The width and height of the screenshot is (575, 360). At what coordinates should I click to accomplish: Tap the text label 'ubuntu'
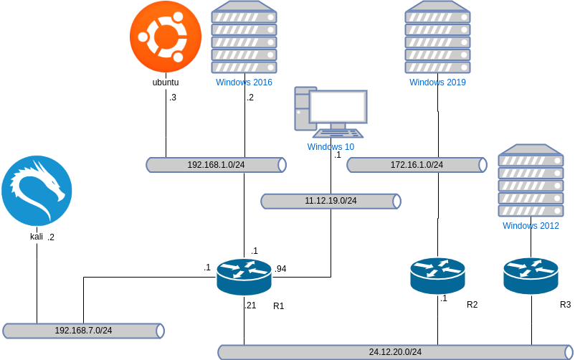pos(166,82)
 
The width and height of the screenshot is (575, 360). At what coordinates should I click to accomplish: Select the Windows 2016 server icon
pos(244,37)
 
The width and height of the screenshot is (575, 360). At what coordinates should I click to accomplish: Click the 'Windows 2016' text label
pos(244,82)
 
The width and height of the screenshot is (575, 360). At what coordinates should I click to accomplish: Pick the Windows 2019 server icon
pos(437,37)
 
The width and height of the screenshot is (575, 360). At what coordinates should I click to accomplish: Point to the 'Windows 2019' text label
pos(437,82)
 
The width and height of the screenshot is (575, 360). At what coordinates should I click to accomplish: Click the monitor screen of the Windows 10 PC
pos(338,107)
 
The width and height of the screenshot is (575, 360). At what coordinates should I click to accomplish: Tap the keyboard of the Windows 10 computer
pos(338,133)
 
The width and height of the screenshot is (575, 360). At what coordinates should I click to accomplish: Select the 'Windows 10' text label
pos(331,147)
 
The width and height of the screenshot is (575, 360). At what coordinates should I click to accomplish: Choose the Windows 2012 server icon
pos(531,181)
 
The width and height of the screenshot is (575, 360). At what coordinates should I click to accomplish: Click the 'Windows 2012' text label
pos(531,226)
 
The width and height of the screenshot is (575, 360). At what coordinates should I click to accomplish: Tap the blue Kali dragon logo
pos(37,191)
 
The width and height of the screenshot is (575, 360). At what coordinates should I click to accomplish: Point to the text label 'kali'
pos(37,237)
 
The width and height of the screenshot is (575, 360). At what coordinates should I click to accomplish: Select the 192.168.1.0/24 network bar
pos(216,165)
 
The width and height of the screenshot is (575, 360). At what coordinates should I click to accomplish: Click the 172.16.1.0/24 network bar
pos(417,165)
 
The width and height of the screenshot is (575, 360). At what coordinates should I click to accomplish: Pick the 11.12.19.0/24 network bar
pos(331,201)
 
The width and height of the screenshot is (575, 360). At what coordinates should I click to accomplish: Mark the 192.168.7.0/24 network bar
pos(83,331)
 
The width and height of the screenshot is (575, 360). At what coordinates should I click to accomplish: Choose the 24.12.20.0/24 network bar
pos(395,352)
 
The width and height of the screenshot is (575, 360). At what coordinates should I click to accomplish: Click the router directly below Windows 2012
pos(531,275)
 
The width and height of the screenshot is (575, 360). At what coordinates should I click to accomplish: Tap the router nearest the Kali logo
pos(244,276)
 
